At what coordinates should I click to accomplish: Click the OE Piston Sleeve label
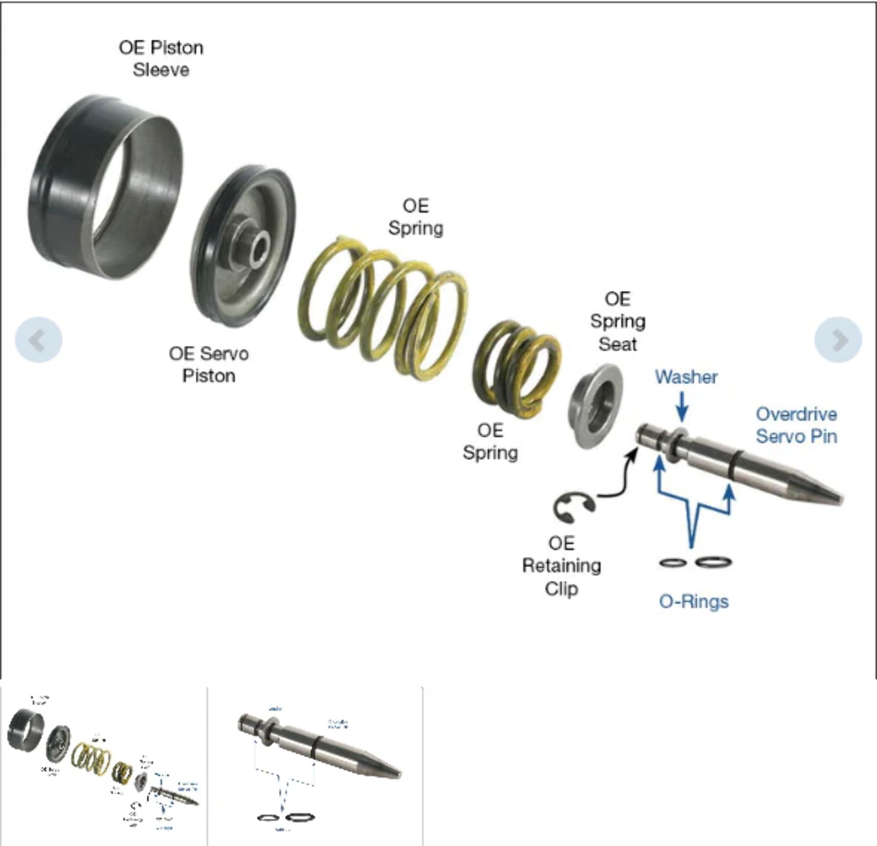tap(161, 59)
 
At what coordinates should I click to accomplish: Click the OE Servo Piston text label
tap(208, 365)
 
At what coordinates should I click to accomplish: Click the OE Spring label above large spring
tap(416, 217)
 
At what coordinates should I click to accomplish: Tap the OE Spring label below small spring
tap(490, 442)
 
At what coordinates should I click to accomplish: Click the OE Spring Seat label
tap(617, 321)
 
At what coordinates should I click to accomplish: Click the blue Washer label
tap(686, 377)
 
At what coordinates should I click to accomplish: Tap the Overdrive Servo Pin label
tap(796, 425)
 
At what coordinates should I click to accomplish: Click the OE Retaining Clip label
tap(561, 566)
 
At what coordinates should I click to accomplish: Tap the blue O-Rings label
tap(694, 601)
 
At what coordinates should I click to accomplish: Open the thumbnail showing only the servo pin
tap(315, 766)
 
